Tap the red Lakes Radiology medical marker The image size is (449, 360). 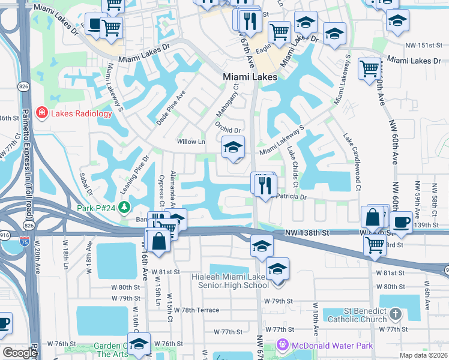[x=42, y=113]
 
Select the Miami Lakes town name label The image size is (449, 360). [x=250, y=77]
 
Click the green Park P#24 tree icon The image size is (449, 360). [x=124, y=208]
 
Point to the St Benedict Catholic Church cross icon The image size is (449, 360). [x=395, y=313]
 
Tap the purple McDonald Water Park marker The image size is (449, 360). [x=283, y=345]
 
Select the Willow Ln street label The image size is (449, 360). [x=191, y=142]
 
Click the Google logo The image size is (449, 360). [x=19, y=353]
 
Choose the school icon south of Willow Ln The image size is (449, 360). [x=233, y=147]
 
